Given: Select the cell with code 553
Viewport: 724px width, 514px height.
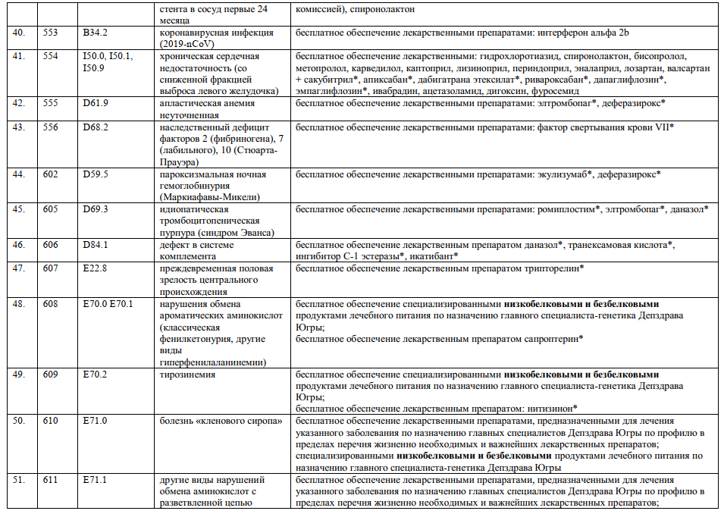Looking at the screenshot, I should pos(51,34).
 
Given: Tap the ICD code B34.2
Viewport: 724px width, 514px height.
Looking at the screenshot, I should pos(96,34).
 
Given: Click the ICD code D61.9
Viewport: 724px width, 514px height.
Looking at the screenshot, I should pos(96,103).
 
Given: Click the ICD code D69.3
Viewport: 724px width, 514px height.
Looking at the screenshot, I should pos(96,208).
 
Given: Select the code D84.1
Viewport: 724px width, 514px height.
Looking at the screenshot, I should pos(96,245).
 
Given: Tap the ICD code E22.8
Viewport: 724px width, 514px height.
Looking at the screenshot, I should pos(96,268).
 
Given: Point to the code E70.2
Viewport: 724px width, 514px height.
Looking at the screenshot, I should pos(96,375).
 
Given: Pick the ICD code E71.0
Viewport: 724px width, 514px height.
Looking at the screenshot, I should pos(96,421).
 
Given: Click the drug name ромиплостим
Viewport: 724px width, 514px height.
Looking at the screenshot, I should pos(566,208).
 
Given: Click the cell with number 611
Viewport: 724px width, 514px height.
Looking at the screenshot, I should pos(51,481).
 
